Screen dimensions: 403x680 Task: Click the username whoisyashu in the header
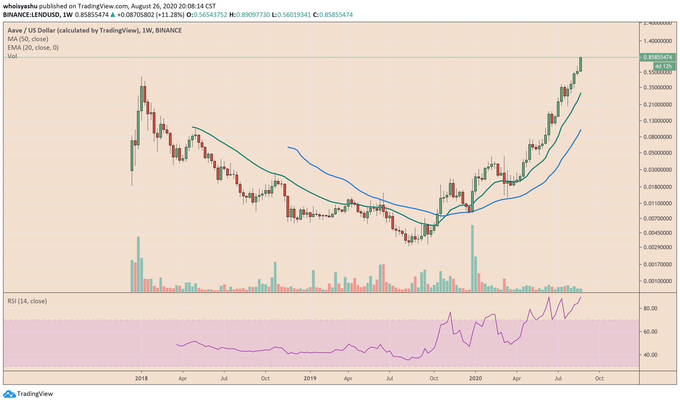point(20,6)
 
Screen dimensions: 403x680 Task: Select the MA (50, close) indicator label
point(28,39)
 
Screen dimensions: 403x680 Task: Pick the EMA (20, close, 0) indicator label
point(33,48)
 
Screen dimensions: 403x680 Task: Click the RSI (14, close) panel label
point(27,301)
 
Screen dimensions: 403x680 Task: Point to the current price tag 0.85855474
point(658,57)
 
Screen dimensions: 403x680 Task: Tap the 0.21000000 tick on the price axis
point(658,105)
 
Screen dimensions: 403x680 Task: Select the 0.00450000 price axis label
point(658,233)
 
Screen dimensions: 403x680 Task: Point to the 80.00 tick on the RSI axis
point(650,309)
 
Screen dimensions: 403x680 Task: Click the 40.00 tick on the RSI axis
point(650,355)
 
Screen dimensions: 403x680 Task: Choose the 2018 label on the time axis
point(141,379)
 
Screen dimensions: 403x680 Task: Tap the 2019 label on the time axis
point(310,379)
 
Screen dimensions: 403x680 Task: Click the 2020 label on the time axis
point(475,379)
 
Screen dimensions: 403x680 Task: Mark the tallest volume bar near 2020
point(472,258)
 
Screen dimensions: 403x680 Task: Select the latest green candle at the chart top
point(580,65)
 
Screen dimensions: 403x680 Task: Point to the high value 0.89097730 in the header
point(253,15)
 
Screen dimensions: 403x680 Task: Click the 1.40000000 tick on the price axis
point(658,41)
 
